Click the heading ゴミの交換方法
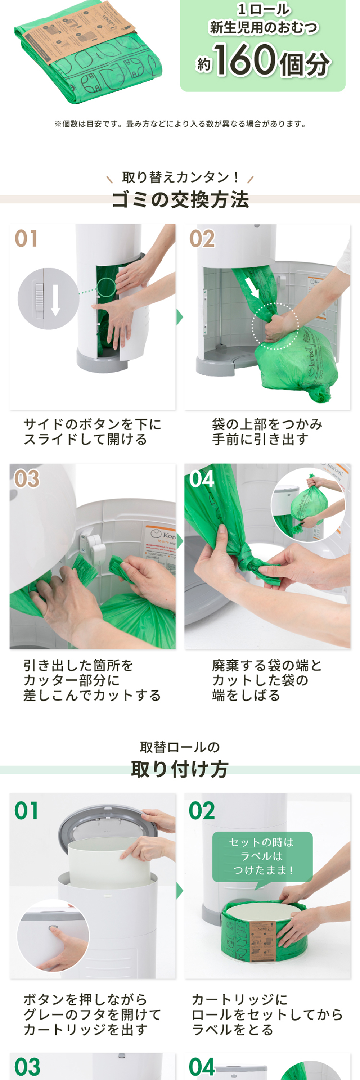180,199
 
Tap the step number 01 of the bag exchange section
26,239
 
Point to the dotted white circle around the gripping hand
275,326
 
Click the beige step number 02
202,239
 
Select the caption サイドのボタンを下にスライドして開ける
92,432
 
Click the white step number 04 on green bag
202,479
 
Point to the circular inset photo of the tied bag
308,505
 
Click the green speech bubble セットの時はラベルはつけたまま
262,856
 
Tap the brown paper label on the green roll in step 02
262,940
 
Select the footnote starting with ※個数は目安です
180,124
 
